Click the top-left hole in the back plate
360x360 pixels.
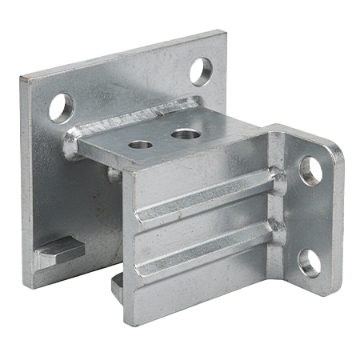(62, 107)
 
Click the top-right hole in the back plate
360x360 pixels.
(202, 71)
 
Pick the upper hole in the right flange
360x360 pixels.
(310, 170)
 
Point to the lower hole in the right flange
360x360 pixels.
(310, 262)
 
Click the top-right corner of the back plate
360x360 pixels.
(222, 34)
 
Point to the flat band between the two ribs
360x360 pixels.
(204, 224)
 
